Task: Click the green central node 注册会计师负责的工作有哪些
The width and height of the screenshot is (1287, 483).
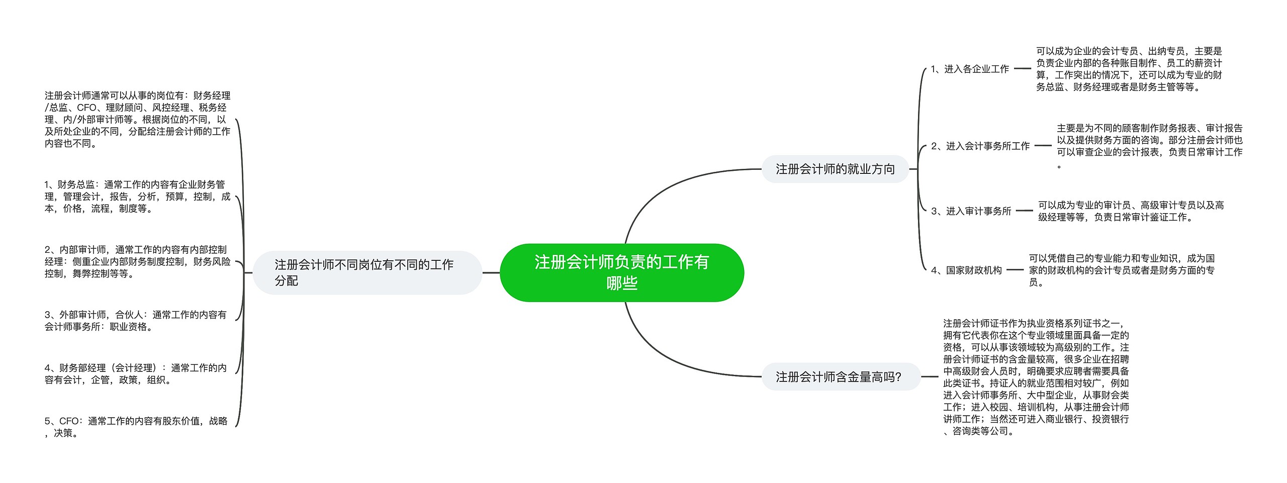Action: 621,272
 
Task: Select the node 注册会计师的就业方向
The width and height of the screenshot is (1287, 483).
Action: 835,169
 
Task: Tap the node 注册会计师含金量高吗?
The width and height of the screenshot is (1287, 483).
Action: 838,376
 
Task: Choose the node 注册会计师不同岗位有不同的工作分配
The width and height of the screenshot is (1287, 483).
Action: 367,272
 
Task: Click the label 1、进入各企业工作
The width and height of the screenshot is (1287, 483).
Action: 969,69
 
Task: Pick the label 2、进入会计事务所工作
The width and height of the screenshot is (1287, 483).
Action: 980,146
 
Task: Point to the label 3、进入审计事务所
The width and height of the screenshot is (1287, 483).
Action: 971,211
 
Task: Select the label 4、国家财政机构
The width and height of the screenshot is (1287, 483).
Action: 966,270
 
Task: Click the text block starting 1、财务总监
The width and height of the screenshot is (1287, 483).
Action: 137,197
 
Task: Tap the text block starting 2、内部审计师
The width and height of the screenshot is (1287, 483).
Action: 137,261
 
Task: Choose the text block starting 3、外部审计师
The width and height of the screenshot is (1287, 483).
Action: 136,321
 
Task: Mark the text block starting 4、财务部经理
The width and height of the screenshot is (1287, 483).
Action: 136,374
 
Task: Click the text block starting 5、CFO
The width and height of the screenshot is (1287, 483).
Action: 136,427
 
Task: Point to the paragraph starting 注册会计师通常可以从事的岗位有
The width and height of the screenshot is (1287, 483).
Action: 137,119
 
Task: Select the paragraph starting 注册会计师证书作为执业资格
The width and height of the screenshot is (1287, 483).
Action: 1036,377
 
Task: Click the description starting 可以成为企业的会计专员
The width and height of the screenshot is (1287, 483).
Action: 1129,69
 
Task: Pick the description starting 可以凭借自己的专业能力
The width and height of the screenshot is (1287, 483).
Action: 1121,270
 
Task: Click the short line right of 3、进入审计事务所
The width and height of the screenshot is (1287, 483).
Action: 1024,211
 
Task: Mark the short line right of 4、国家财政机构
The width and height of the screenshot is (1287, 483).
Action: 1015,270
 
